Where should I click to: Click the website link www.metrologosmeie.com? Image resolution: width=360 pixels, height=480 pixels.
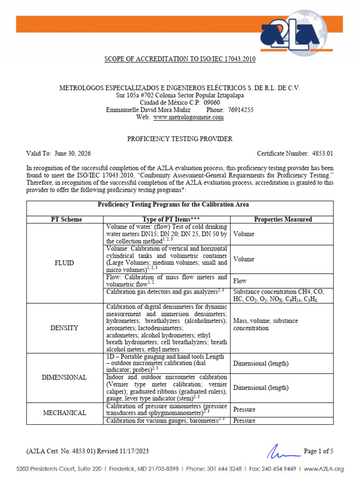coord(188,118)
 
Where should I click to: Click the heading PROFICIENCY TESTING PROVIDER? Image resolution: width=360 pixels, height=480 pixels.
coord(180,139)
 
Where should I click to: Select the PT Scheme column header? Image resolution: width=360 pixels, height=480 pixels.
coord(66,219)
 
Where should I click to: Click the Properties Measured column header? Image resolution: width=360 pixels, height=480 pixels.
coord(283,219)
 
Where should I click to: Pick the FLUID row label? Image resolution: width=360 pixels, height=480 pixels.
coord(64,263)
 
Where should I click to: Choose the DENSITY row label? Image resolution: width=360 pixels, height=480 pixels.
coord(64,328)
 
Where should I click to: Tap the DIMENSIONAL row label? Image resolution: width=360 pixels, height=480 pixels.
coord(64,377)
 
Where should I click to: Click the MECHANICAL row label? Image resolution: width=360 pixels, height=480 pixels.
coord(64,413)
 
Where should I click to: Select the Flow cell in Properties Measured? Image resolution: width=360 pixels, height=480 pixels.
coord(240,281)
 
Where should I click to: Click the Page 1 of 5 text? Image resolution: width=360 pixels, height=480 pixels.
coord(319,451)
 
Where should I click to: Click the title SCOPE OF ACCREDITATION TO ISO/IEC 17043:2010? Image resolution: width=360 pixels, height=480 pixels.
coord(180,60)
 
